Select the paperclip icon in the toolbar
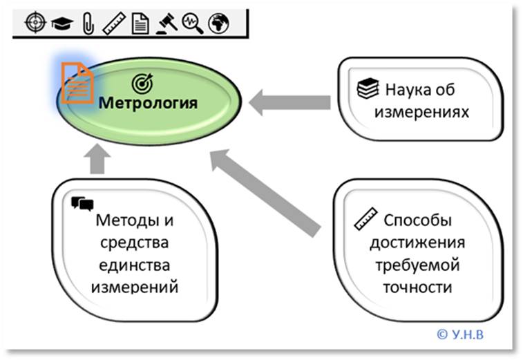pos(86,23)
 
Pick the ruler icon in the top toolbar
pos(113,23)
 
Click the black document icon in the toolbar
pos(140,23)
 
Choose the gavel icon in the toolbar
pos(165,23)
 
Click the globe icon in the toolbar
pos(219,23)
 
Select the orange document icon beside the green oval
pos(76,82)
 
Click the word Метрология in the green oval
pos(147,104)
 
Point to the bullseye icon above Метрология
pos(141,83)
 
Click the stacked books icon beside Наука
pos(367,89)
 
